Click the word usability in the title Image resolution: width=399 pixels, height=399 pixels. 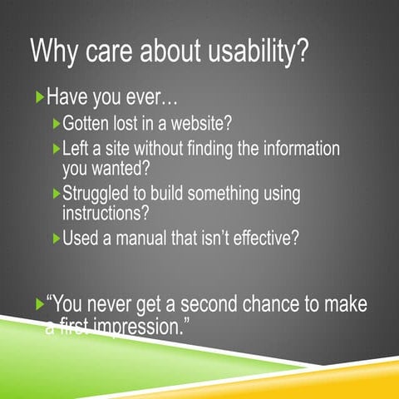[250, 52]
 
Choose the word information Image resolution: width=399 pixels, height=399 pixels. [292, 150]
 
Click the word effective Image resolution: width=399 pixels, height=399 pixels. [260, 239]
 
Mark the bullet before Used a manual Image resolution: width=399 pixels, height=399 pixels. [56, 239]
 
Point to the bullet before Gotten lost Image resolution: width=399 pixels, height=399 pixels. [56, 125]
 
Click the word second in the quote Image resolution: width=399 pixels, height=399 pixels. [199, 305]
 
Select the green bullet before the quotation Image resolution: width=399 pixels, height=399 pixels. [39, 305]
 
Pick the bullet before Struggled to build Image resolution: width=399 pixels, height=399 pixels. [56, 194]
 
